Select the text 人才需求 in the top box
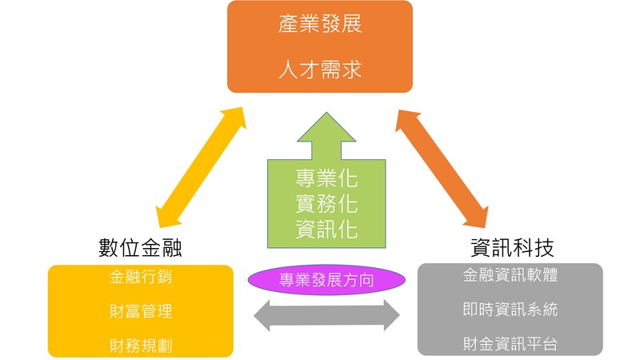320,69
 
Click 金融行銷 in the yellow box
140,278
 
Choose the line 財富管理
140,311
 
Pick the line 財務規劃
140,345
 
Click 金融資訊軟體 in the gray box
510,275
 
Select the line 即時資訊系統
510,310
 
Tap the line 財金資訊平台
510,345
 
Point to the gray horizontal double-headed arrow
326,314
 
